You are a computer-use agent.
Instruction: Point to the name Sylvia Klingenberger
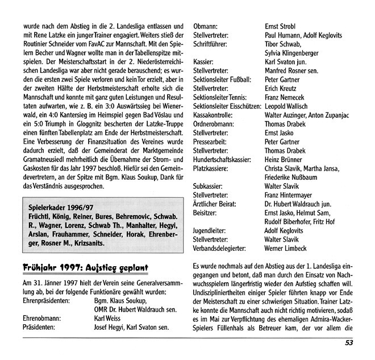click(295, 53)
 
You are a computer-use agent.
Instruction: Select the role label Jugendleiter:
click(212, 230)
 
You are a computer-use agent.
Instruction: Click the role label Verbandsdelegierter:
click(223, 249)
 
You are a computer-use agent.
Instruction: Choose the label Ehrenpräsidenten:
click(47, 301)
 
